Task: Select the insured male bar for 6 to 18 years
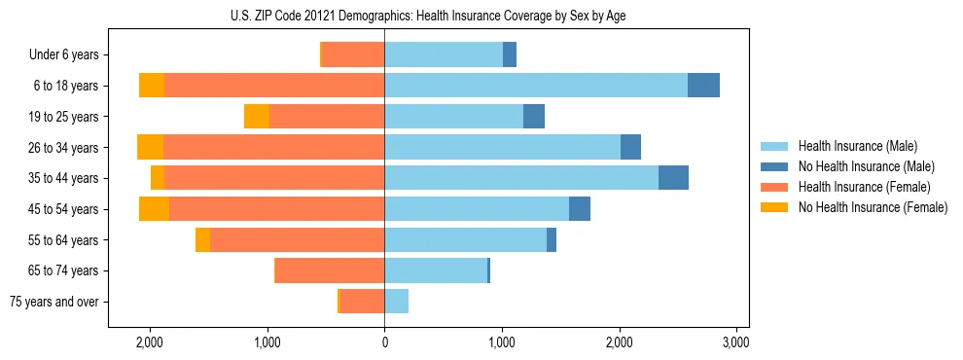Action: point(536,85)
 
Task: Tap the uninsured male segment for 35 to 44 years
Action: point(673,177)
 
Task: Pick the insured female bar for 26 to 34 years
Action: point(273,147)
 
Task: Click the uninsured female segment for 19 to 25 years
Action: point(256,116)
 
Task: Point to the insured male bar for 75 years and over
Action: point(396,302)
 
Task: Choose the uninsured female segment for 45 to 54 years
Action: point(154,208)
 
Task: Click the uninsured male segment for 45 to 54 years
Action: point(580,208)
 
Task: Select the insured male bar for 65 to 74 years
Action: point(436,270)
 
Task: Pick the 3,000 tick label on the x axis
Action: point(736,342)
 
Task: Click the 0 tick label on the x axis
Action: point(384,342)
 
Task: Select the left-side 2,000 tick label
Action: point(149,342)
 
